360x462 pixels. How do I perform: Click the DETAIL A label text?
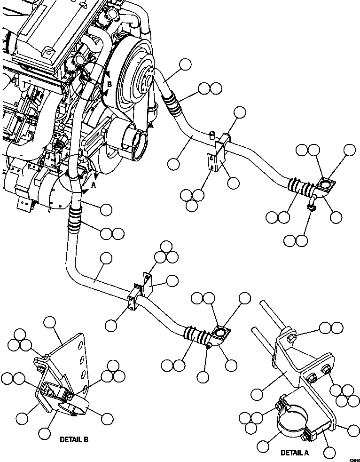point(294,453)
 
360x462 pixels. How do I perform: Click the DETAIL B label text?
point(74,440)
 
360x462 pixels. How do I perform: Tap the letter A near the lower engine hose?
point(93,185)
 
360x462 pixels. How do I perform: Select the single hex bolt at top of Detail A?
point(290,337)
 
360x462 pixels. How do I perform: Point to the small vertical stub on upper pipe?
point(212,135)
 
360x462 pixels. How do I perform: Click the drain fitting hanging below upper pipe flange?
point(311,206)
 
